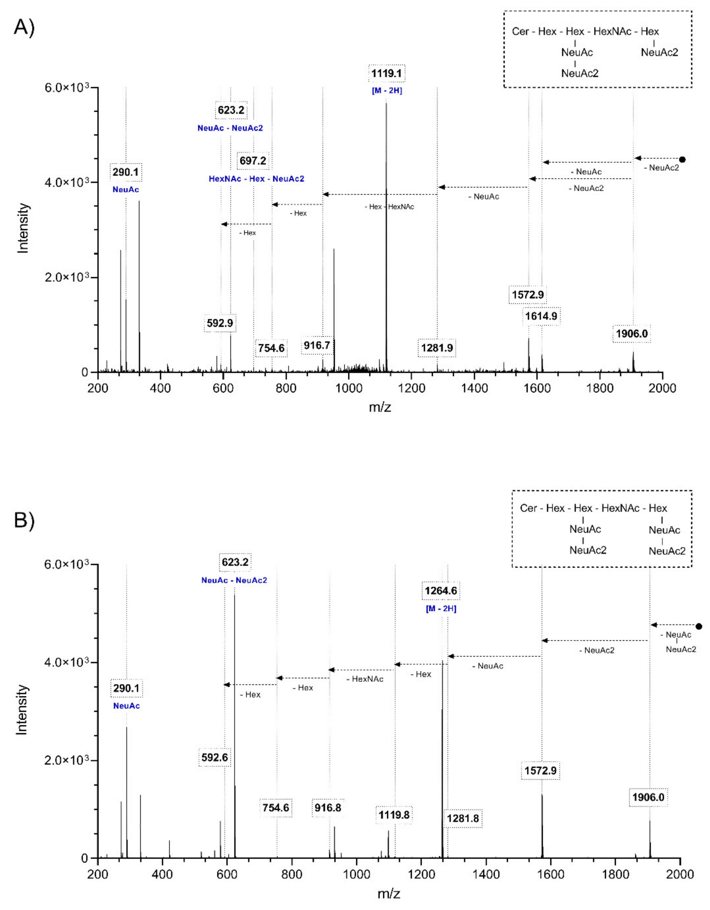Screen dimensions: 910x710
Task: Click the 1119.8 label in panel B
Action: point(394,815)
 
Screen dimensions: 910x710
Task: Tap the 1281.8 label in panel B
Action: point(463,818)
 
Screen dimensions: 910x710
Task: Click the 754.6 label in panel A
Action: point(271,348)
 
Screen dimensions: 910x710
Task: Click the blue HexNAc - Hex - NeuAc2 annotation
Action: point(256,179)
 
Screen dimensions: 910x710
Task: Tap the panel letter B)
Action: point(24,520)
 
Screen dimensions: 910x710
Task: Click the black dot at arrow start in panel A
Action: point(682,159)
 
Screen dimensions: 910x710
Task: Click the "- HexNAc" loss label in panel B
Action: point(365,679)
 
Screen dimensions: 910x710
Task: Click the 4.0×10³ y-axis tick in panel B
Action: point(67,662)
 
